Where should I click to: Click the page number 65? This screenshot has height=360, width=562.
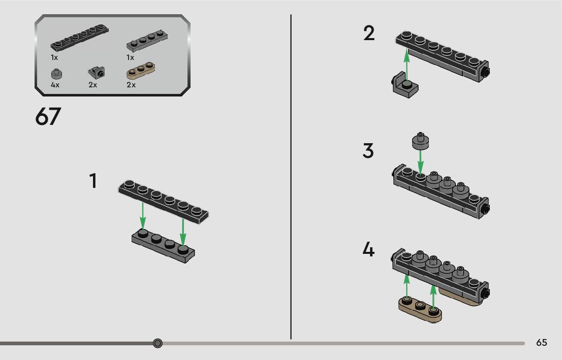click(x=541, y=343)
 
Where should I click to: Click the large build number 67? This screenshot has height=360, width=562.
click(x=48, y=117)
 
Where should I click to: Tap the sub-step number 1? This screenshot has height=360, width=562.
click(x=93, y=181)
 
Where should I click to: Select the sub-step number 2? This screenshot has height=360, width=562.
click(x=369, y=34)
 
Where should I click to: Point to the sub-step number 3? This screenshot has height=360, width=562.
click(x=368, y=151)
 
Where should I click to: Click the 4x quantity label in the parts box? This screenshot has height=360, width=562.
click(x=55, y=85)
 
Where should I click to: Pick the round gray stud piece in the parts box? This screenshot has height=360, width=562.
click(x=56, y=74)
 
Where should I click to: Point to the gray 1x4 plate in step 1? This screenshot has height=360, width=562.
click(x=163, y=245)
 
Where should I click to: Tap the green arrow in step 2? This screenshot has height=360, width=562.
click(x=407, y=66)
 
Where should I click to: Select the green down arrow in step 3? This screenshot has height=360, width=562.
click(x=421, y=162)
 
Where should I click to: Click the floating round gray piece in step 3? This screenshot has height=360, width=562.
click(x=421, y=141)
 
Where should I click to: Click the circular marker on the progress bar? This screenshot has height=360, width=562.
click(x=158, y=344)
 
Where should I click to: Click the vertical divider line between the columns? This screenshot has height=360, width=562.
click(x=291, y=178)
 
